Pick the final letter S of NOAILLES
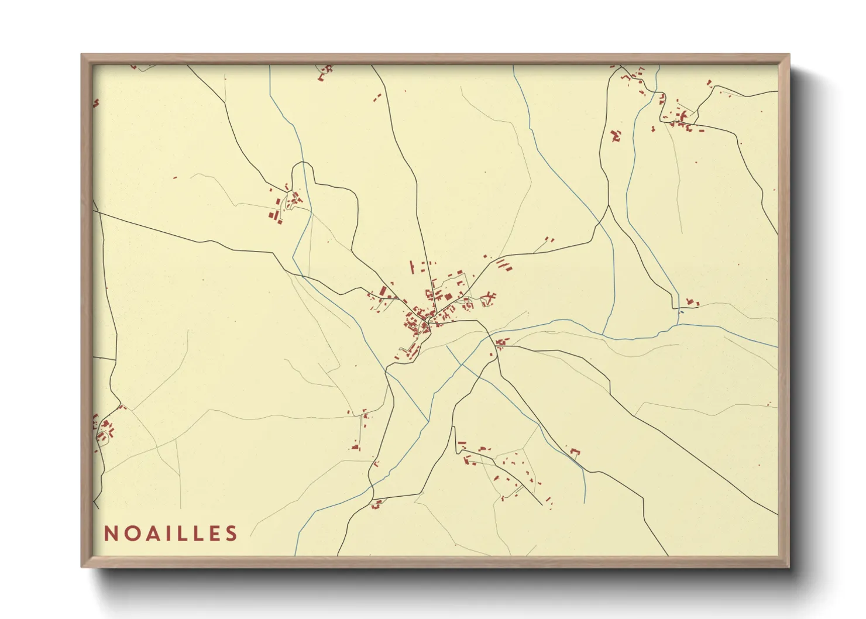pos(232,534)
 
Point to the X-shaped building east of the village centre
pos(489,298)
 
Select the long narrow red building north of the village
pos(412,269)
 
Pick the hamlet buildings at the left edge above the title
pos(105,430)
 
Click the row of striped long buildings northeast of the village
pos(504,265)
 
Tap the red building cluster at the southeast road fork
pos(501,343)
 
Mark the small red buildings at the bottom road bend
pos(376,504)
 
